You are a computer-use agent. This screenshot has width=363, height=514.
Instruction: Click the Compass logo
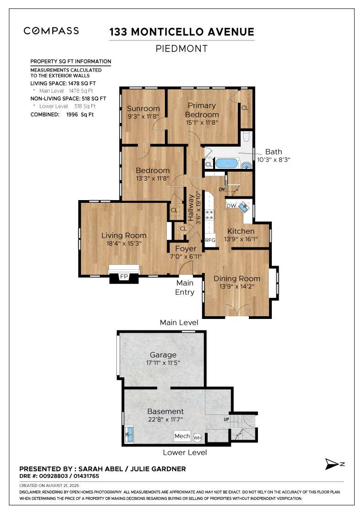[x=51, y=31]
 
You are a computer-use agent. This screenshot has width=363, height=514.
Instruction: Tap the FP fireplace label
[x=124, y=276]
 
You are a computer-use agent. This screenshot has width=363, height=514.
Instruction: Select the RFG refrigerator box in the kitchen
[x=210, y=240]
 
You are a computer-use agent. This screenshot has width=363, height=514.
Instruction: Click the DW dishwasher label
[x=231, y=206]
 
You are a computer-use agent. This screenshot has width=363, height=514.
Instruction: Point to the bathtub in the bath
[x=226, y=163]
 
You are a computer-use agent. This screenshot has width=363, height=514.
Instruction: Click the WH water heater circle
[x=197, y=438]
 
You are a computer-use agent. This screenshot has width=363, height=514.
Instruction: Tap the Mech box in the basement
[x=182, y=436]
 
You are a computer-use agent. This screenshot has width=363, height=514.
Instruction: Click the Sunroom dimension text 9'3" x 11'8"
[x=143, y=117]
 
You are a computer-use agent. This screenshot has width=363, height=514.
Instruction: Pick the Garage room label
[x=163, y=355]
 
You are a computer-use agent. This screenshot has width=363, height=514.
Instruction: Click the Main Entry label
[x=185, y=287]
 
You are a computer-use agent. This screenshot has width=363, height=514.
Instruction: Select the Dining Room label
[x=237, y=279]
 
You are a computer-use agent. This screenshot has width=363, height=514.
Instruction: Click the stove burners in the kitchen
[x=210, y=214]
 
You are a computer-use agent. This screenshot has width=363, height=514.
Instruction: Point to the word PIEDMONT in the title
[x=181, y=49]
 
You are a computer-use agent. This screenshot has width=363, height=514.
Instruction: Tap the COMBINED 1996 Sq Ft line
[x=62, y=114]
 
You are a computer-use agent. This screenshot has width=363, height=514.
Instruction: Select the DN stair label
[x=222, y=189]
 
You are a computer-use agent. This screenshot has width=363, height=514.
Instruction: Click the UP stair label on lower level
[x=226, y=419]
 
